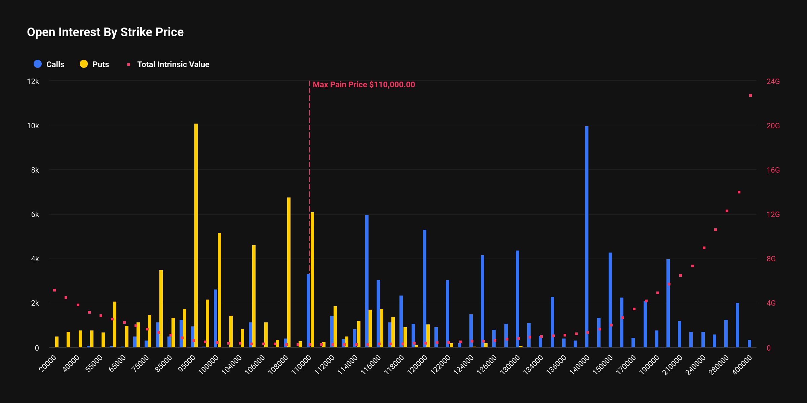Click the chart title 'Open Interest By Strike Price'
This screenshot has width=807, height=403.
[105, 32]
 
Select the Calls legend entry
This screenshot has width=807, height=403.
[49, 64]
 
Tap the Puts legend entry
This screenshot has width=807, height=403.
[95, 64]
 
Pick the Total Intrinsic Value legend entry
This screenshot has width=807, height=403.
[168, 64]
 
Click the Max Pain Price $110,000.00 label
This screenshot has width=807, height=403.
[364, 85]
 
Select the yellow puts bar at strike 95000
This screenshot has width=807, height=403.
[196, 235]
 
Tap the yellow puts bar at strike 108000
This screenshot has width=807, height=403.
[289, 272]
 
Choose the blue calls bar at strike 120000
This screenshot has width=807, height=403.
[425, 289]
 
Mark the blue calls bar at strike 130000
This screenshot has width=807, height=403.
[517, 299]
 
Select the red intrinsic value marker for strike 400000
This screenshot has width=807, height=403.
[751, 96]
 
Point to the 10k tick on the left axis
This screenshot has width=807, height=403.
[33, 126]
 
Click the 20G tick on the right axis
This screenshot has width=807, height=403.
[773, 126]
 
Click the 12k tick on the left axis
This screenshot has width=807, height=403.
[33, 82]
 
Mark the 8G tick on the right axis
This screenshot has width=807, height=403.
[771, 259]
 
